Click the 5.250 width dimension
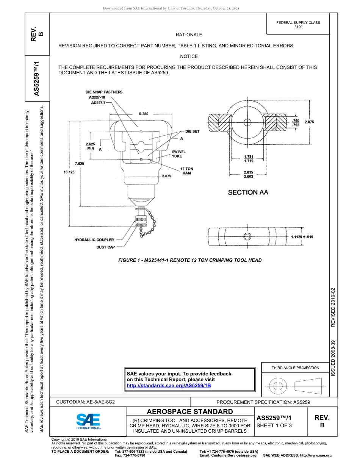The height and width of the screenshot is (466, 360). [144, 114]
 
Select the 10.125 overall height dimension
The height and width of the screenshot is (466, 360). [69, 172]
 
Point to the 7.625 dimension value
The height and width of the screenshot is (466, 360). [80, 164]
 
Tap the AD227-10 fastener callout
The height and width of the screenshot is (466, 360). [97, 97]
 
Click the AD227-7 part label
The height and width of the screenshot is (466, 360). [98, 102]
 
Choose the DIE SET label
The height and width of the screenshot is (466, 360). [192, 131]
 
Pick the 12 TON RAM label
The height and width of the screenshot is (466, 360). [186, 171]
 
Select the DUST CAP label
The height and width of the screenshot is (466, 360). [105, 247]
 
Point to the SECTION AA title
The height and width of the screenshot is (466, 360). [248, 192]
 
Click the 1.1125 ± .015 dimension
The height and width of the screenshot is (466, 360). [302, 237]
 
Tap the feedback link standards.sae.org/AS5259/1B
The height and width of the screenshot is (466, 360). [168, 385]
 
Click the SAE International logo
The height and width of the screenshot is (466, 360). [88, 420]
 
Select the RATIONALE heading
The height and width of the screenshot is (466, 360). [189, 34]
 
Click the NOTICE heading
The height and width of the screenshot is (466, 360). [189, 56]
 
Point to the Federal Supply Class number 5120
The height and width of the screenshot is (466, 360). [298, 27]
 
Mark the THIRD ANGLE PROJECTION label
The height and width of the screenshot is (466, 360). [295, 367]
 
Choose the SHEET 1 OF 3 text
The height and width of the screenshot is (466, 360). [274, 425]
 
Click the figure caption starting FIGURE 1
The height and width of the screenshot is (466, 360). [190, 260]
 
